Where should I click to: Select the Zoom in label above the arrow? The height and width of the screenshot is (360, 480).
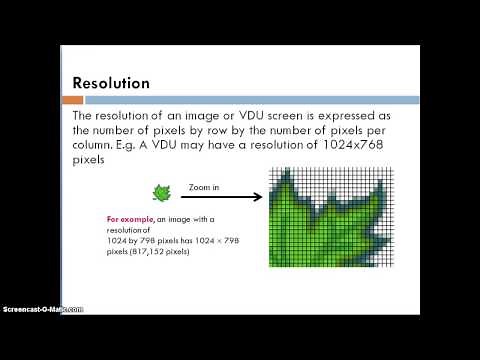(x=205, y=186)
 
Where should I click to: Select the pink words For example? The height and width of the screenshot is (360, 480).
(x=134, y=218)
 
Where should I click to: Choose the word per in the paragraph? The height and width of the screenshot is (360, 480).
(x=386, y=131)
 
